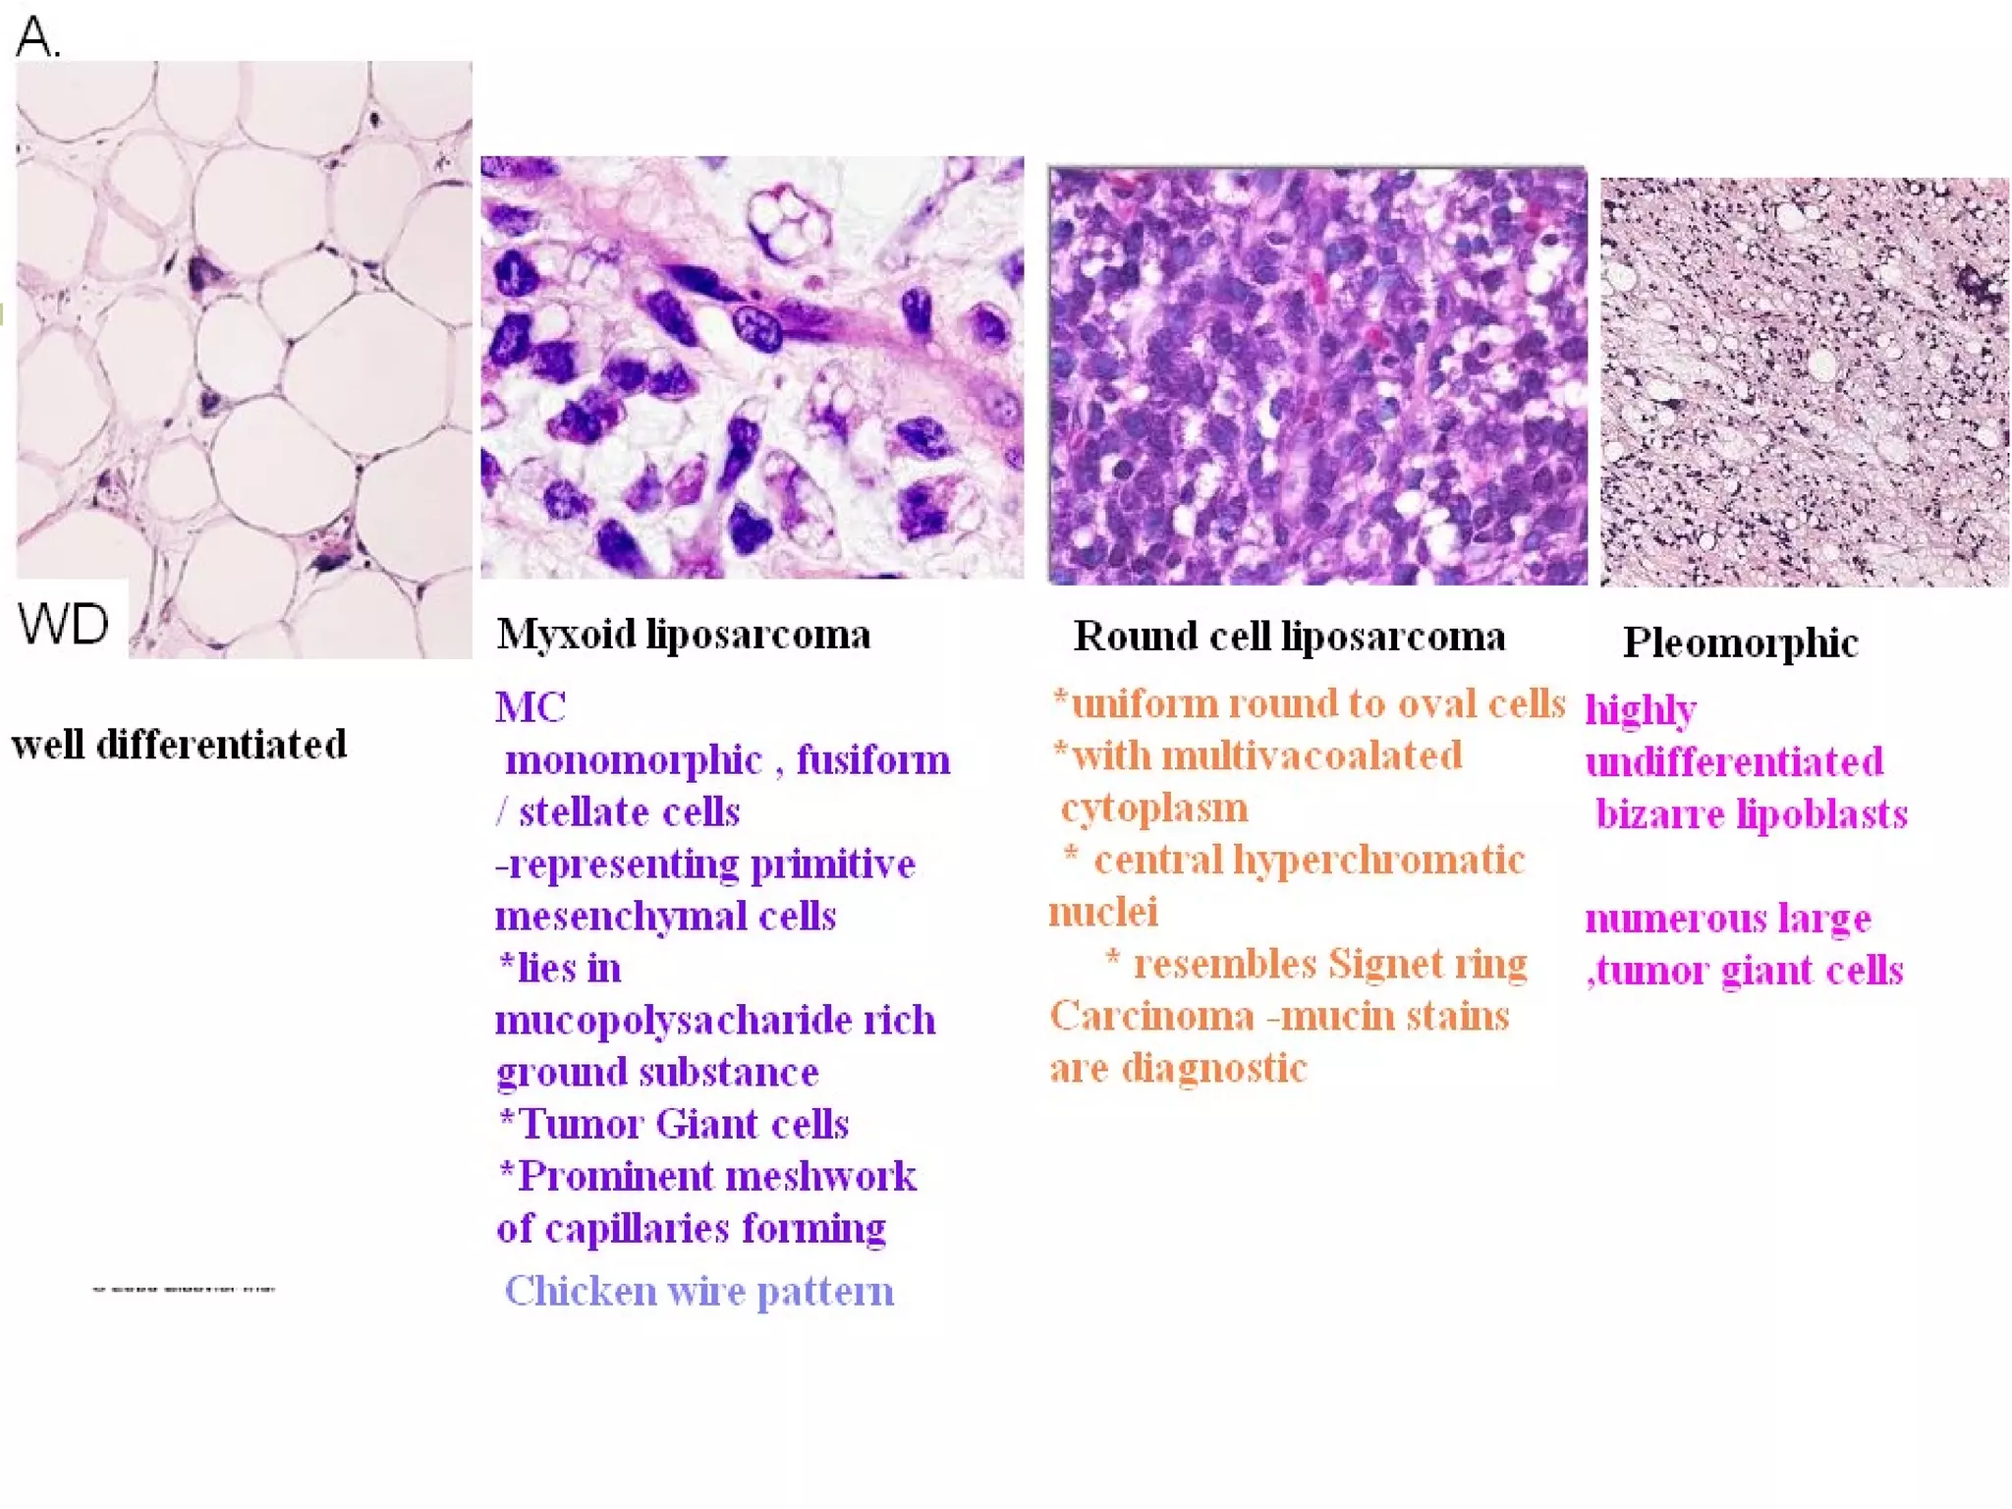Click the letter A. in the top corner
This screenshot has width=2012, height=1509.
[x=37, y=37]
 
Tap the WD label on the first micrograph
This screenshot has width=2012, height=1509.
[x=63, y=623]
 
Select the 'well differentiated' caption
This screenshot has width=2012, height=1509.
[x=179, y=745]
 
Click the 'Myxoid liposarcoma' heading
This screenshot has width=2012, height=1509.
[x=684, y=635]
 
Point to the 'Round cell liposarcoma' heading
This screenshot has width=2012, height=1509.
[x=1289, y=637]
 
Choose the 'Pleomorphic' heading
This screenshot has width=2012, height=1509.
[x=1740, y=643]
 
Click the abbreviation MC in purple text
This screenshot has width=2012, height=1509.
[x=531, y=707]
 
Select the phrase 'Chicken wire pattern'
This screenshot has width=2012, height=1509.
[x=699, y=1291]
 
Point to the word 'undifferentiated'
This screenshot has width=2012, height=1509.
[x=1734, y=762]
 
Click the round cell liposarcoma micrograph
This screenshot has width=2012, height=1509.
[x=1316, y=375]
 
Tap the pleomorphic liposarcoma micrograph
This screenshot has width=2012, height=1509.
[x=1804, y=381]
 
